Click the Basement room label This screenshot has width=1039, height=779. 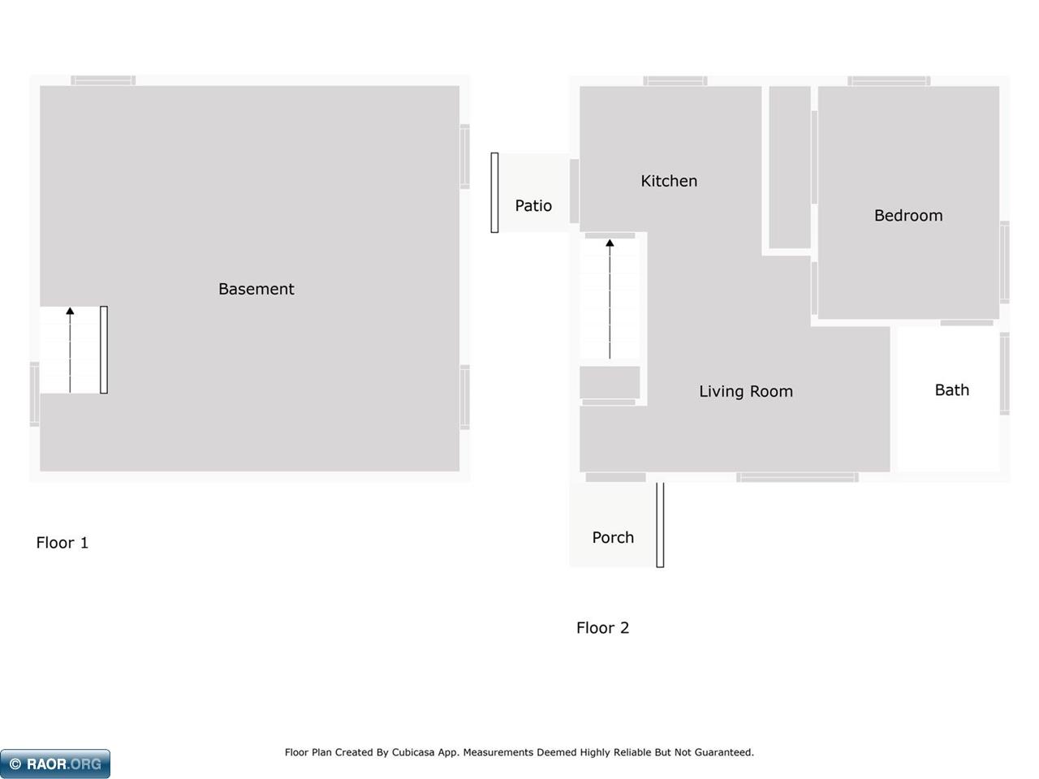[x=256, y=289]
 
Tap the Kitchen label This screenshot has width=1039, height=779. [x=669, y=181]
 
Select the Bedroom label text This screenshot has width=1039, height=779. [x=908, y=216]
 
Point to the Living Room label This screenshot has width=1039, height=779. [x=745, y=391]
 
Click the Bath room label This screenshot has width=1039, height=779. [x=951, y=390]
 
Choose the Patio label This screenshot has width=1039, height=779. [x=533, y=206]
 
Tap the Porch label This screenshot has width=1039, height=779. [x=613, y=537]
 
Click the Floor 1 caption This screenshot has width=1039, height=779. [x=62, y=543]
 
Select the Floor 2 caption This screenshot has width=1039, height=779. [x=602, y=628]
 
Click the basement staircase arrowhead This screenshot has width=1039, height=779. [x=71, y=311]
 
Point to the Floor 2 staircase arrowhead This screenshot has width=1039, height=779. [x=610, y=243]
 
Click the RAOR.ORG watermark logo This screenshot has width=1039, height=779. [x=55, y=764]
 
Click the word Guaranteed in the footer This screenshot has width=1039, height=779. [x=724, y=752]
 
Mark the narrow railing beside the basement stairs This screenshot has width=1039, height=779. [x=104, y=350]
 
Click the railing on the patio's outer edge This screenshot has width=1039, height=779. [x=494, y=192]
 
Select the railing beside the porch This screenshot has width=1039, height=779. [x=660, y=525]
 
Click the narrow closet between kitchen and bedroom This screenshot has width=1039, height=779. [x=790, y=167]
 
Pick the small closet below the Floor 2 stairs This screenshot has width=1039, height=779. [x=610, y=382]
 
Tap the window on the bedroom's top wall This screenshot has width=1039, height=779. [x=889, y=81]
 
